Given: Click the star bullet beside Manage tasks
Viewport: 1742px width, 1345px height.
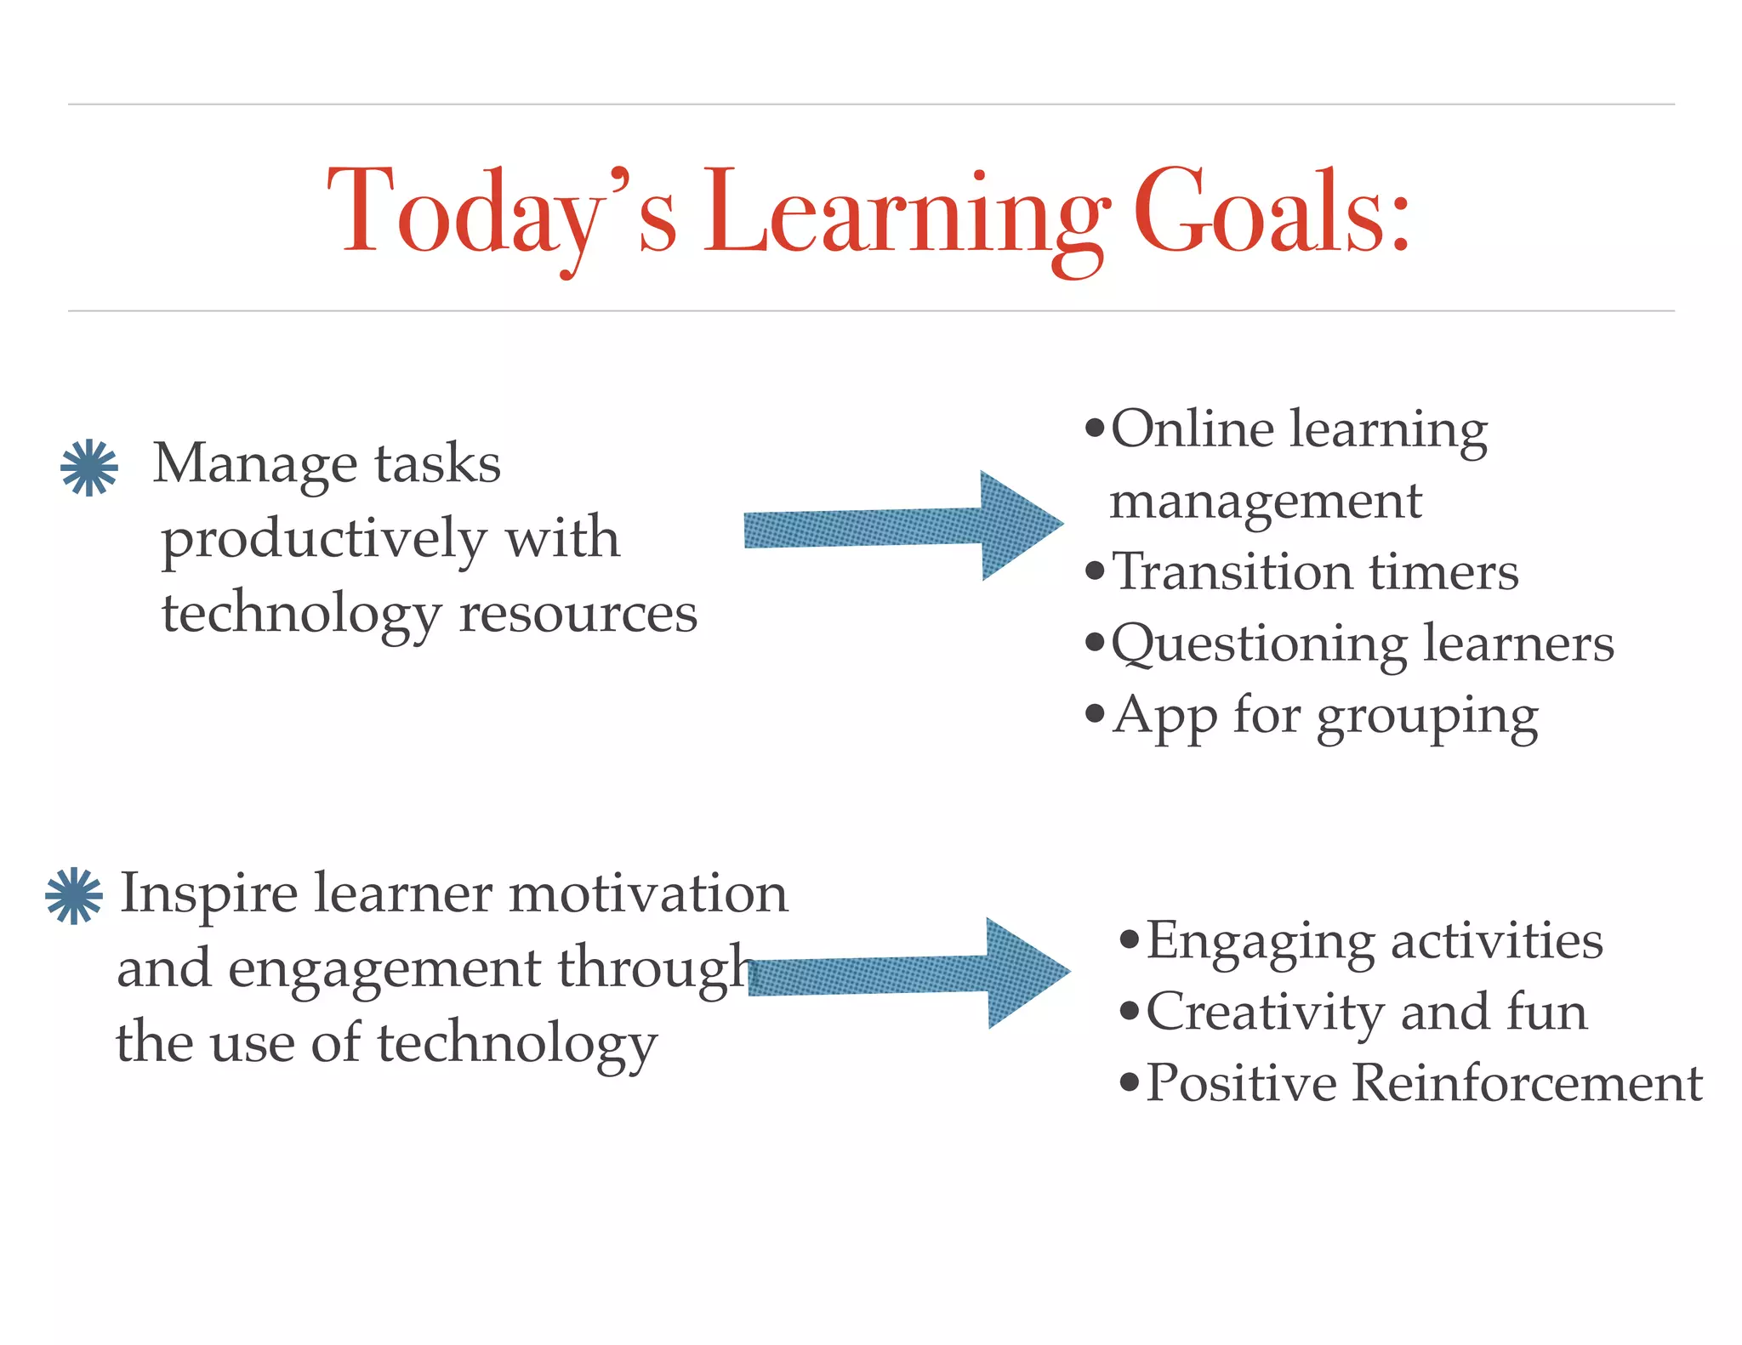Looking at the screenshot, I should (x=89, y=468).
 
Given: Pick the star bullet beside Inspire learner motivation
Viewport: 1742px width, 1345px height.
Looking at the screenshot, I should (x=74, y=895).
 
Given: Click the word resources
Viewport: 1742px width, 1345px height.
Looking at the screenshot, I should (x=578, y=614).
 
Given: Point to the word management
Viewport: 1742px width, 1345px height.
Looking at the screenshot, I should (x=1265, y=502).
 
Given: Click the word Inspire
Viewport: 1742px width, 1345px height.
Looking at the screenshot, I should (x=209, y=894).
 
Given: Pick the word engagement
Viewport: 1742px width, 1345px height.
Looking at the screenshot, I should (x=384, y=969).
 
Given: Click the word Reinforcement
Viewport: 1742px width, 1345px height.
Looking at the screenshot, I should (x=1527, y=1083).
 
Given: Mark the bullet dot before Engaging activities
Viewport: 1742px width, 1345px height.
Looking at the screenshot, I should (x=1130, y=940).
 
